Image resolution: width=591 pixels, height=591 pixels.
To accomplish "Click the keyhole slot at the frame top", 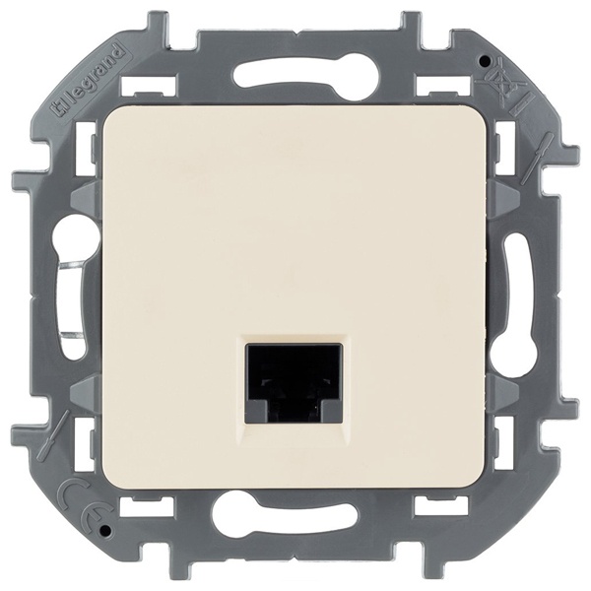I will (296, 75).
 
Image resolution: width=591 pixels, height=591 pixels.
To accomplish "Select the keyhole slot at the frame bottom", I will (296, 516).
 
